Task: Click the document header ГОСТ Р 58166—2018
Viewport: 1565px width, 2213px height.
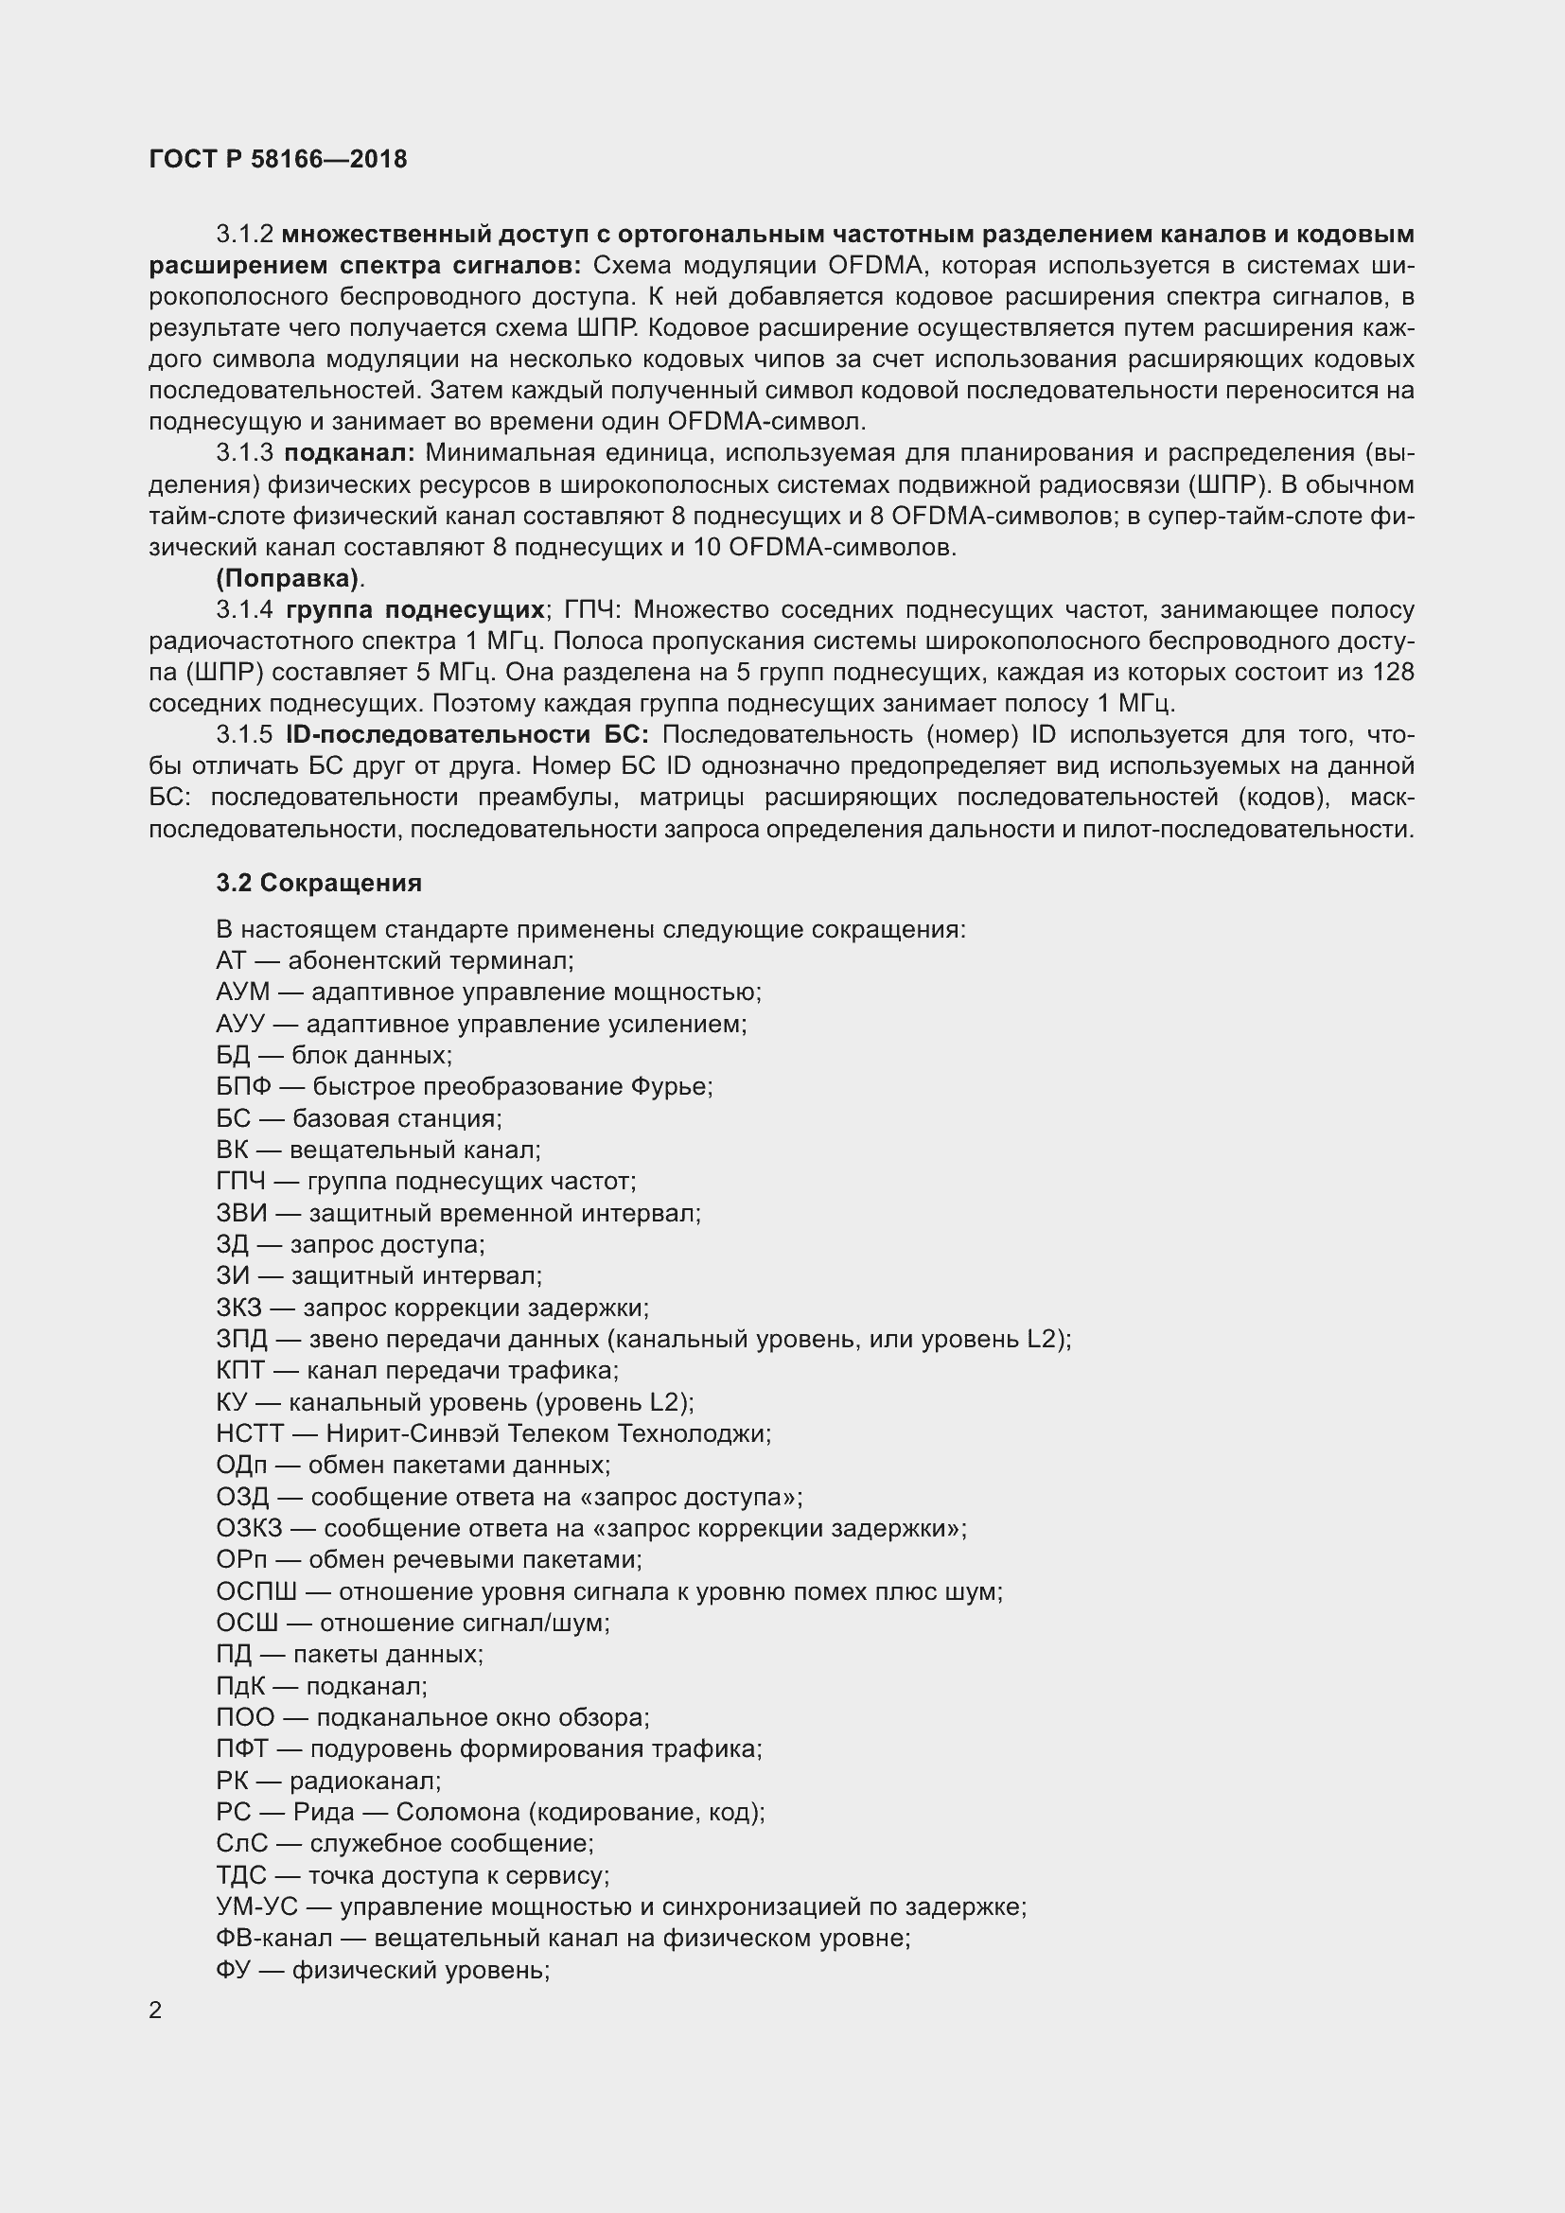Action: click(277, 159)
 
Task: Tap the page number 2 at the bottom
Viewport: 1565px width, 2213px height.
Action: click(156, 2011)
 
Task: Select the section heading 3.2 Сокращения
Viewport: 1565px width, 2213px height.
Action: click(318, 883)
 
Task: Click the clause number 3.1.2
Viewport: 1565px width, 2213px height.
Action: click(245, 235)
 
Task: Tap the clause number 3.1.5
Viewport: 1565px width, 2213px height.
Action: click(245, 735)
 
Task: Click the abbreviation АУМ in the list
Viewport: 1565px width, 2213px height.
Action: click(243, 992)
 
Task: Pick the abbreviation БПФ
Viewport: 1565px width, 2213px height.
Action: click(244, 1087)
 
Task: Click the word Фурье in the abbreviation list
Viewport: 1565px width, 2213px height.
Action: click(671, 1087)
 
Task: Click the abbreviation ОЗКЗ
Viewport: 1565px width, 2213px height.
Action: click(250, 1529)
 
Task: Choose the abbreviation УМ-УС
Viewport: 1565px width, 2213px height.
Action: click(257, 1907)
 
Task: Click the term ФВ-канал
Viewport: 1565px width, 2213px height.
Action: click(273, 1939)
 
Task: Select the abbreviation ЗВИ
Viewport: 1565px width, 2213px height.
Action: click(241, 1214)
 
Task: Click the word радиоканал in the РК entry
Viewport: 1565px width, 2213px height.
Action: click(363, 1782)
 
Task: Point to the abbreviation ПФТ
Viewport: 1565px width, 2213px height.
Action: click(242, 1749)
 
